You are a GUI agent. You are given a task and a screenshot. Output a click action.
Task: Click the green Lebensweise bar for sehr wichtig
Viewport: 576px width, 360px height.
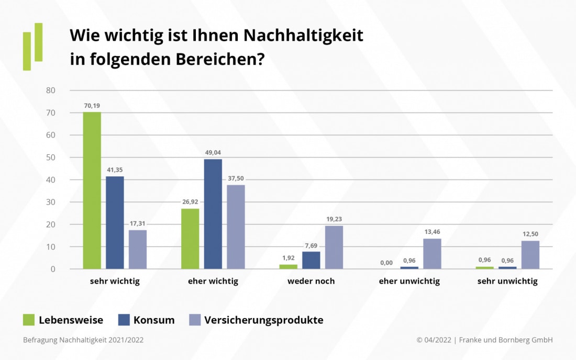pos(92,190)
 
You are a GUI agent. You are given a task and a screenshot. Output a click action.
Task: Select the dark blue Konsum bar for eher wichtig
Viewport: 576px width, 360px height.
pos(213,214)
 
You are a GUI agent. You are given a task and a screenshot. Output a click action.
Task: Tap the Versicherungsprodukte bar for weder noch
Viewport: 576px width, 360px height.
pos(334,248)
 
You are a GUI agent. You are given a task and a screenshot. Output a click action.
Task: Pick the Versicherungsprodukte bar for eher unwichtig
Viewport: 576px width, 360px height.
pos(432,254)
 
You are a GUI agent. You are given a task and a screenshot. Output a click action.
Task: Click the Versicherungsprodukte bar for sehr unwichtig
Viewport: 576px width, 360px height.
pos(530,255)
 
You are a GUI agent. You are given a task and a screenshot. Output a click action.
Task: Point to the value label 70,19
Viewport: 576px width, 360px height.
pos(92,106)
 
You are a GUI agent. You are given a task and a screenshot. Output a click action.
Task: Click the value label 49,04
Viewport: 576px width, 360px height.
pos(213,153)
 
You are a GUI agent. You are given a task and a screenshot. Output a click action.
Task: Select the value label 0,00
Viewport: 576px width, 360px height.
pos(387,263)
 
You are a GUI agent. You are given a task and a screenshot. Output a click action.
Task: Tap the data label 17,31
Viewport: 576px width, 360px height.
pos(138,223)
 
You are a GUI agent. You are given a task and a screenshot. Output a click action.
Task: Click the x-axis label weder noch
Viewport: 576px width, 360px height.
pos(311,282)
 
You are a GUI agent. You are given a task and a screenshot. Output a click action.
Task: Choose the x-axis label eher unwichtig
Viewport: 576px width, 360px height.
pos(409,282)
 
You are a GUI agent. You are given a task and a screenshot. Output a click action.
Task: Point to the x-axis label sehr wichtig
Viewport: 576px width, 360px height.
pos(115,282)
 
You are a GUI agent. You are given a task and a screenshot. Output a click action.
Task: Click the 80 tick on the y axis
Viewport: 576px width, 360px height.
pos(51,91)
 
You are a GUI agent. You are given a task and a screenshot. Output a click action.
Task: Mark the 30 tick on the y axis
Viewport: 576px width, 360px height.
pos(51,202)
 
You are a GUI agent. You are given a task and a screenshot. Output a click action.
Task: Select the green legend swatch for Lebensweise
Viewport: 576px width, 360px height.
pos(29,320)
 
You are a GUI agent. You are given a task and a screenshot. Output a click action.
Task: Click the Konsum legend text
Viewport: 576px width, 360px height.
pos(154,320)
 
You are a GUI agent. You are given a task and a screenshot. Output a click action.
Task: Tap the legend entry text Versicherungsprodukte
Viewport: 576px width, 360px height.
pos(263,320)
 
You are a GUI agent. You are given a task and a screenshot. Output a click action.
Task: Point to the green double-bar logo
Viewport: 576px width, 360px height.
pos(33,46)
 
